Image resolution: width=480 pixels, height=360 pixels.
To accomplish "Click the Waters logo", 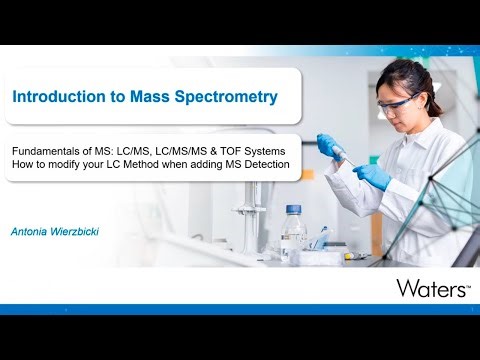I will (433, 288).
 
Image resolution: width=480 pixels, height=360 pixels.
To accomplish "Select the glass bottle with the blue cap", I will (292, 231).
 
